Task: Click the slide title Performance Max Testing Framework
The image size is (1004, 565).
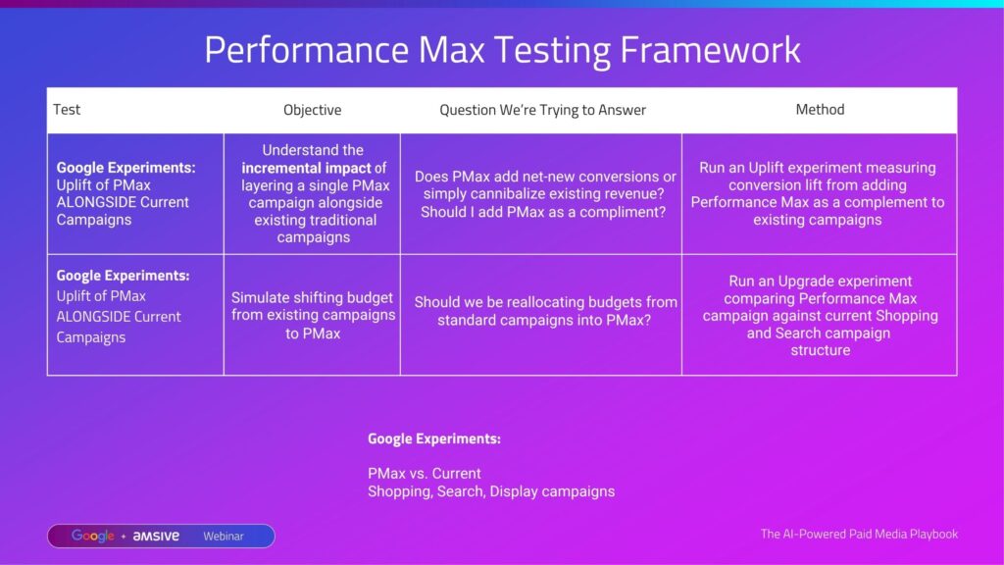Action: click(502, 50)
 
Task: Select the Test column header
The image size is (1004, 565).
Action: click(67, 110)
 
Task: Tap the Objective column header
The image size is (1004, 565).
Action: click(313, 110)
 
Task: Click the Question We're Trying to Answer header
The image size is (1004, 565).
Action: click(542, 110)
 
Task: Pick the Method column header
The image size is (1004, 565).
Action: click(820, 110)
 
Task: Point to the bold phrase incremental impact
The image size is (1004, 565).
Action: click(306, 168)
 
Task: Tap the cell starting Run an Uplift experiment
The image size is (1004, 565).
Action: click(818, 193)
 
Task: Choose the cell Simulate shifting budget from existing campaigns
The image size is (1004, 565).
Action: click(313, 315)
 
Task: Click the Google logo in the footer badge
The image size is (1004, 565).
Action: click(93, 537)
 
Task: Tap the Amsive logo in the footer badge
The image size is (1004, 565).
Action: click(156, 537)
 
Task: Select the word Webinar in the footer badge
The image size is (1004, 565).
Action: click(224, 537)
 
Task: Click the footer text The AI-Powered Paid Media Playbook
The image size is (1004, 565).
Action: click(859, 534)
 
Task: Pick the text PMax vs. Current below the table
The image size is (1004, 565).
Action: click(424, 474)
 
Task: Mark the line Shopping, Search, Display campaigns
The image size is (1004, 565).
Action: click(491, 491)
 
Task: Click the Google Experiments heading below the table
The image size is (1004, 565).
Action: click(434, 438)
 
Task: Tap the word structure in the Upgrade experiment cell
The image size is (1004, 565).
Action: click(821, 350)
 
